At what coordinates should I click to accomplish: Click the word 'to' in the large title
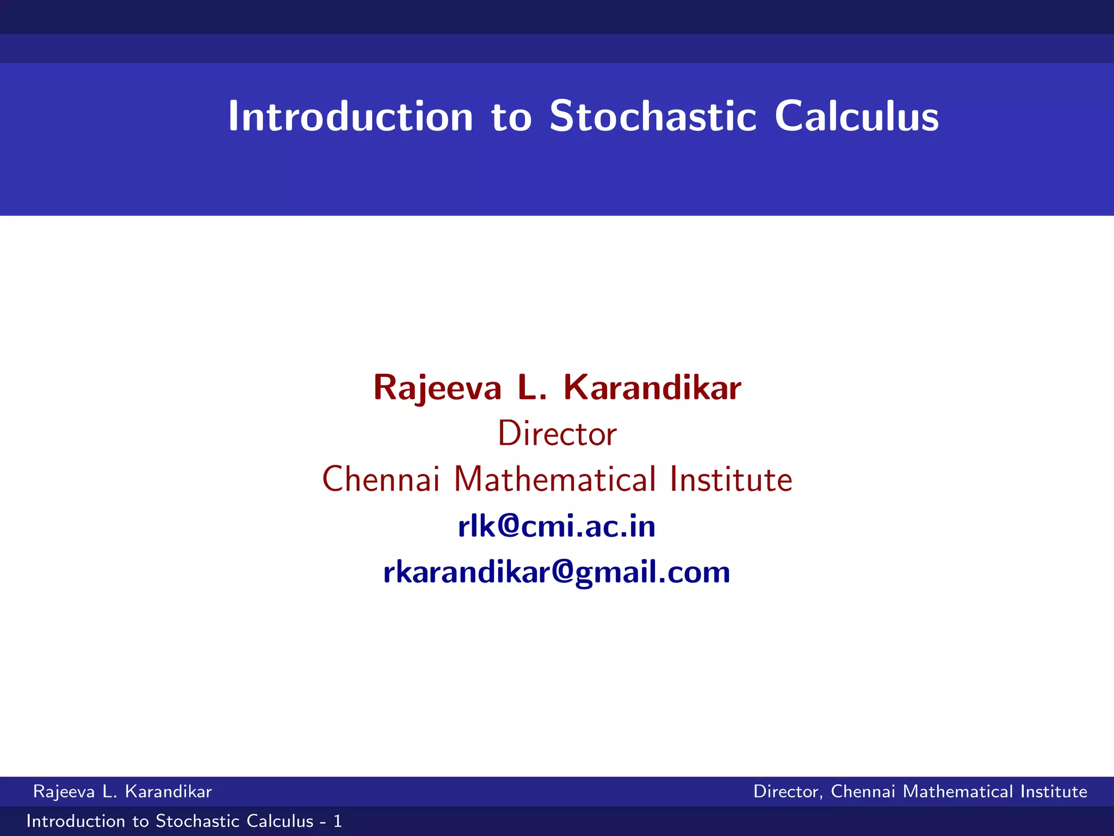(511, 118)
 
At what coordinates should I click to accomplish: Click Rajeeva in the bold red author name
(437, 389)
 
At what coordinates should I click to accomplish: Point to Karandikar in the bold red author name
(652, 388)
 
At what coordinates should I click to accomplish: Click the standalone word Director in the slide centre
(557, 434)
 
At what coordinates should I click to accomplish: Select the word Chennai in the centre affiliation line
(381, 480)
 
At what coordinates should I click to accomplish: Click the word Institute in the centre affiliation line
(731, 480)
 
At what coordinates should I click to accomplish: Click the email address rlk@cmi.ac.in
(557, 526)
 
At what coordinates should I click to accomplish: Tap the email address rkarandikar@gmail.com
(557, 573)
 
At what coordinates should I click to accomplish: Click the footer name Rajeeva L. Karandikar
(122, 791)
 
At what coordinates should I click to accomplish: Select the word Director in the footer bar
(787, 791)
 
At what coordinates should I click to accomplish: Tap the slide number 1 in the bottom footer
(337, 821)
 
